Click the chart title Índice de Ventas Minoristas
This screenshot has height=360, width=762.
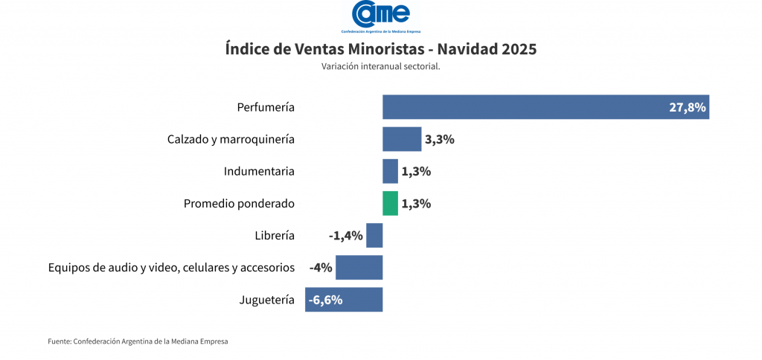380,49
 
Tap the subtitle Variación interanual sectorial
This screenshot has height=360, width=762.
380,67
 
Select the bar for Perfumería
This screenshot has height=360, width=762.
521,107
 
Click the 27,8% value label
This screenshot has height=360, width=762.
687,107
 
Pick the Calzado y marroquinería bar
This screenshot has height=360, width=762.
402,139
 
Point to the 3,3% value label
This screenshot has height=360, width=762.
439,139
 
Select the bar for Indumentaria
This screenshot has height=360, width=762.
390,171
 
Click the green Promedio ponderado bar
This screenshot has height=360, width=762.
390,203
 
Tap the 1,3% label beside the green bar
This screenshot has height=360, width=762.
416,203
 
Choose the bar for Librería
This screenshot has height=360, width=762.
374,236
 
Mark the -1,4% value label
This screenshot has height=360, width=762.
345,236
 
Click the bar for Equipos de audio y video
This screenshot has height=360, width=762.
359,268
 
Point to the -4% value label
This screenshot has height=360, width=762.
321,268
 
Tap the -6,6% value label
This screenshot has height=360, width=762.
325,300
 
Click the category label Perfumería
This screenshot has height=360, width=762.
266,107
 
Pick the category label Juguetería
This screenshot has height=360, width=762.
267,300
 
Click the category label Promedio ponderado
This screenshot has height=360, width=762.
239,203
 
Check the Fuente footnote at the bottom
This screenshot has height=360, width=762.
138,341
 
